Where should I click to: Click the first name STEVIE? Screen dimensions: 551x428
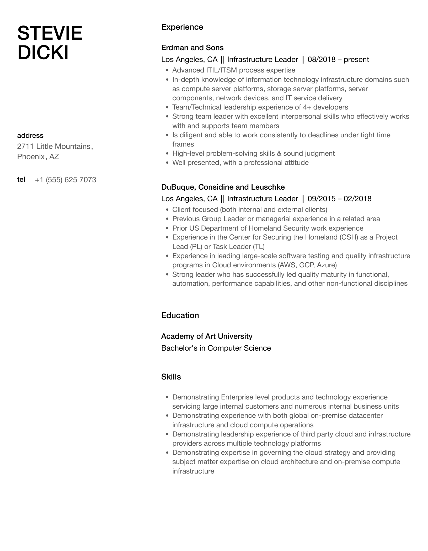click(x=50, y=33)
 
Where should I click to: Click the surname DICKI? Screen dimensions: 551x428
click(x=43, y=53)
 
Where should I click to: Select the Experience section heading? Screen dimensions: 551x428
click(x=182, y=27)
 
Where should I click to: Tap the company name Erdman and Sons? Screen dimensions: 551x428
click(x=192, y=48)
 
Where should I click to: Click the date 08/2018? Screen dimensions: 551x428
click(x=322, y=60)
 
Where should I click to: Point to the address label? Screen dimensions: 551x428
click(x=30, y=136)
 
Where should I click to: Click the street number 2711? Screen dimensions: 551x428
click(x=25, y=146)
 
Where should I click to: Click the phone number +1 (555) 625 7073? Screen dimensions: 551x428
click(x=65, y=180)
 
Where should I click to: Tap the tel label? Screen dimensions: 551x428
click(x=21, y=179)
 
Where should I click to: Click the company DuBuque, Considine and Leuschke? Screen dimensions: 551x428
click(x=223, y=187)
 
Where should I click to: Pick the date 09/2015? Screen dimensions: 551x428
click(x=322, y=199)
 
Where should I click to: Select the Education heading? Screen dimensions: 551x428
click(x=180, y=315)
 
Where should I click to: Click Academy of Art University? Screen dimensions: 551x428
click(x=207, y=336)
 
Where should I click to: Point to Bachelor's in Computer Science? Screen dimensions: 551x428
click(x=216, y=348)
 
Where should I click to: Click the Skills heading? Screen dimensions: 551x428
click(x=171, y=377)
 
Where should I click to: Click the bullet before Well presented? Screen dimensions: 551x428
click(x=167, y=163)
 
